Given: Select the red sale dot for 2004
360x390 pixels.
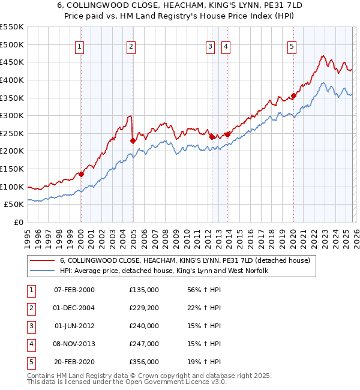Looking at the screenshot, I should click(x=133, y=140).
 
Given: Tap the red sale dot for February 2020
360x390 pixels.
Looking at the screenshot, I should click(x=294, y=95).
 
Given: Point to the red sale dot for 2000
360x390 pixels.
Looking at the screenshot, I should click(x=81, y=174).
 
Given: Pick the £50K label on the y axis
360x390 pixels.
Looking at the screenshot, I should click(x=14, y=205).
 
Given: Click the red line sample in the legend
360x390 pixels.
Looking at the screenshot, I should click(x=43, y=260).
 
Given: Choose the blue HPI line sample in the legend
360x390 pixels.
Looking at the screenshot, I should click(x=43, y=271).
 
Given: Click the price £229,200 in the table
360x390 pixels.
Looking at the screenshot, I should click(x=144, y=308).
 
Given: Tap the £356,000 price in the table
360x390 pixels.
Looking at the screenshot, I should click(x=144, y=362).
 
